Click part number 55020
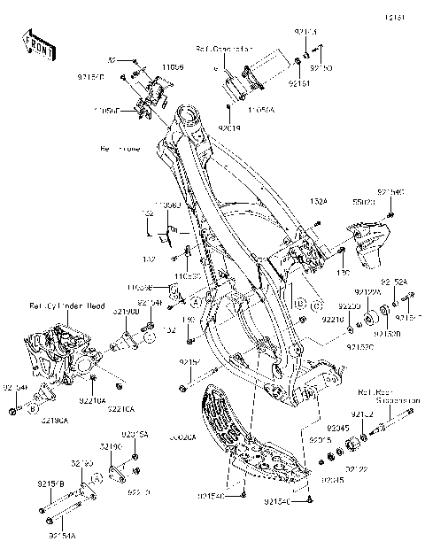(x=363, y=203)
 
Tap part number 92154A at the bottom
(x=61, y=536)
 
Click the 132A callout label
(x=319, y=203)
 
